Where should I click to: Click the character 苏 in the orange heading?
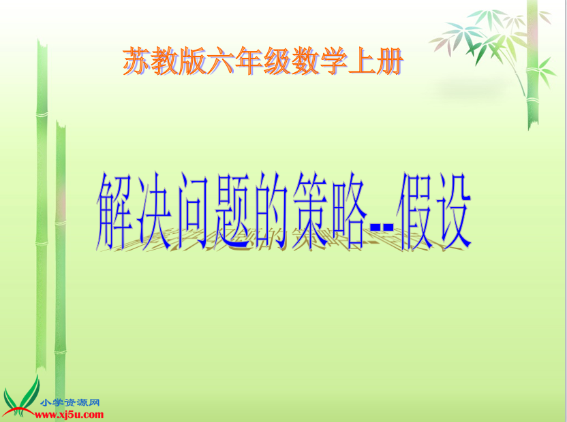tap(137, 61)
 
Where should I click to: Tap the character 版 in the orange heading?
tap(192, 61)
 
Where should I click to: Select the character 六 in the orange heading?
tap(221, 61)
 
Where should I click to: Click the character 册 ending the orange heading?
tap(389, 61)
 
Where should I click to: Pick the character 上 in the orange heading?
tap(361, 61)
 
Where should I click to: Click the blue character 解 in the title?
tap(114, 212)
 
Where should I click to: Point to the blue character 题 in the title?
tap(232, 212)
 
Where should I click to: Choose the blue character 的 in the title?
tap(271, 212)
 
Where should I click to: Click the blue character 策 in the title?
tap(310, 212)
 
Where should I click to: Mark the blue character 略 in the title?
tap(349, 212)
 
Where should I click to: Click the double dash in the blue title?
tap(382, 227)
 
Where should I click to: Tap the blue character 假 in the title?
tap(416, 212)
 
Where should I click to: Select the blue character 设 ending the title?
tap(453, 212)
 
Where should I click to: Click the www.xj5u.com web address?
tap(69, 415)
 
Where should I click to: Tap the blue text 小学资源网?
tap(70, 402)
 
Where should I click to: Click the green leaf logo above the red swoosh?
tap(22, 395)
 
